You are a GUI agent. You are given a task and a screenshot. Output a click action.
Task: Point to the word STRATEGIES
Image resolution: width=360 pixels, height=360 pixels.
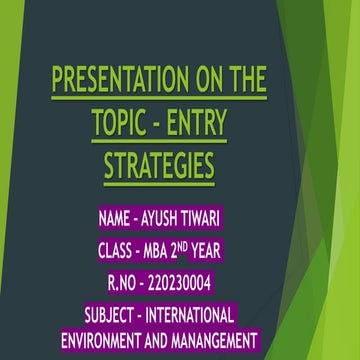[159, 165]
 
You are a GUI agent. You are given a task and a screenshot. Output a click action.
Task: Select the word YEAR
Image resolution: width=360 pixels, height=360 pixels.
[236, 251]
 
